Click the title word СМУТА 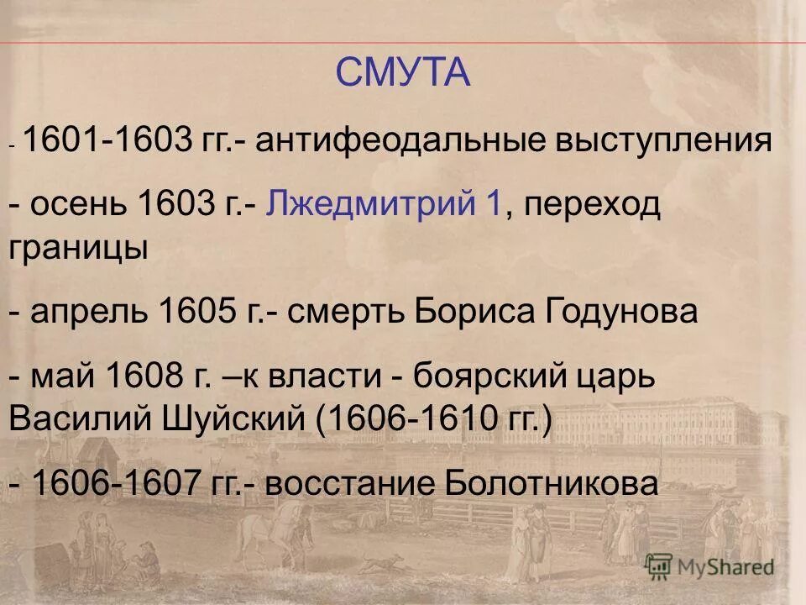[x=403, y=73]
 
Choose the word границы [x=79, y=249]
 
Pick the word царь [x=610, y=376]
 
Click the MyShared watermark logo [x=709, y=566]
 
